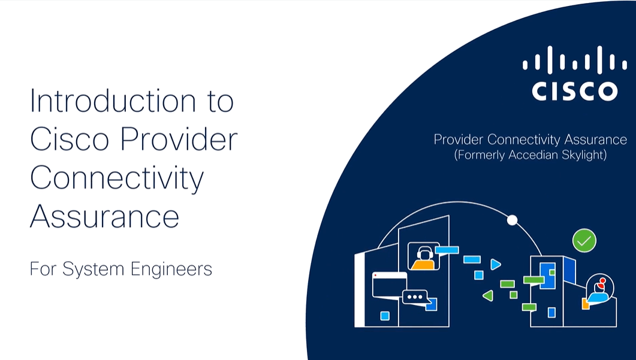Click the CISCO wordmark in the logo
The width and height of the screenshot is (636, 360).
574,92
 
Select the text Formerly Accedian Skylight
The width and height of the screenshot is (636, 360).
530,155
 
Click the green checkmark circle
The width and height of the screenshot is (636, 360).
584,241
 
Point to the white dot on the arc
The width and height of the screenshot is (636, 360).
512,220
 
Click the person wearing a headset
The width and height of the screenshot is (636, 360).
423,256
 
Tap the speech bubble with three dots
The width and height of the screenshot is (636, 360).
415,297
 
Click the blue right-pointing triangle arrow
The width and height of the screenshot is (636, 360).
495,264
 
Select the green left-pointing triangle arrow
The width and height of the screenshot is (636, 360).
488,295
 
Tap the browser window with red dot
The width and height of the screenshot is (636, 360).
389,285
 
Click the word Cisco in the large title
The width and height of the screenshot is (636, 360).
70,140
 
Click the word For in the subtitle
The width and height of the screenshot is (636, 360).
43,269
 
